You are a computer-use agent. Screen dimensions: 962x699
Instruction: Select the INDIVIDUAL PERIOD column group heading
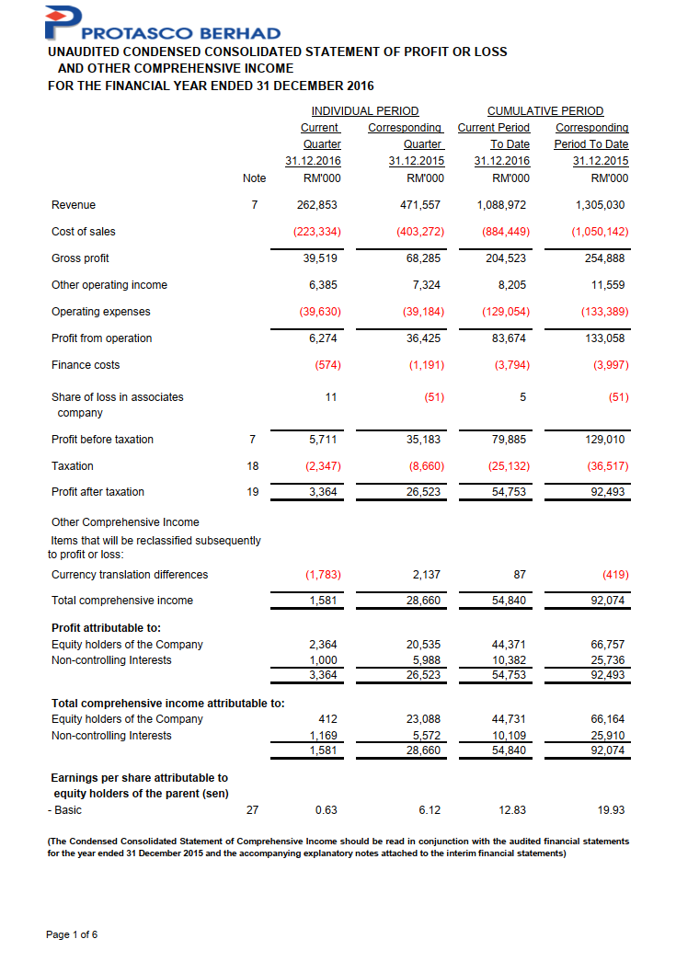(x=364, y=111)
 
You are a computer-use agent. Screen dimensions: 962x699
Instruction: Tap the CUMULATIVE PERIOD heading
(x=545, y=111)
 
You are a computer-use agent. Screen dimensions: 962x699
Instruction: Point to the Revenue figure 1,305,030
(x=600, y=205)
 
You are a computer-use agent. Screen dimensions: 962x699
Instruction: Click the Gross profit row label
(x=80, y=258)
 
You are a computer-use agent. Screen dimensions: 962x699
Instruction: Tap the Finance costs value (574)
(x=327, y=365)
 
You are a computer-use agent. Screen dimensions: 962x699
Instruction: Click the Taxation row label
(x=73, y=466)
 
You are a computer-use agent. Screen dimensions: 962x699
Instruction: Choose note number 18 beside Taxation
(x=253, y=466)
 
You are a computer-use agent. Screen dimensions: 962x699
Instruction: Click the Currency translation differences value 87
(x=520, y=575)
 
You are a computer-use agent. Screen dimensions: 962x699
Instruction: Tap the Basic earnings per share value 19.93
(x=611, y=810)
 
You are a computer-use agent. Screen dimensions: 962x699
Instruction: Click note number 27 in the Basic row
(x=253, y=810)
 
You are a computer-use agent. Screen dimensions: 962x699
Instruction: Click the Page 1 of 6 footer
(x=72, y=935)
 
